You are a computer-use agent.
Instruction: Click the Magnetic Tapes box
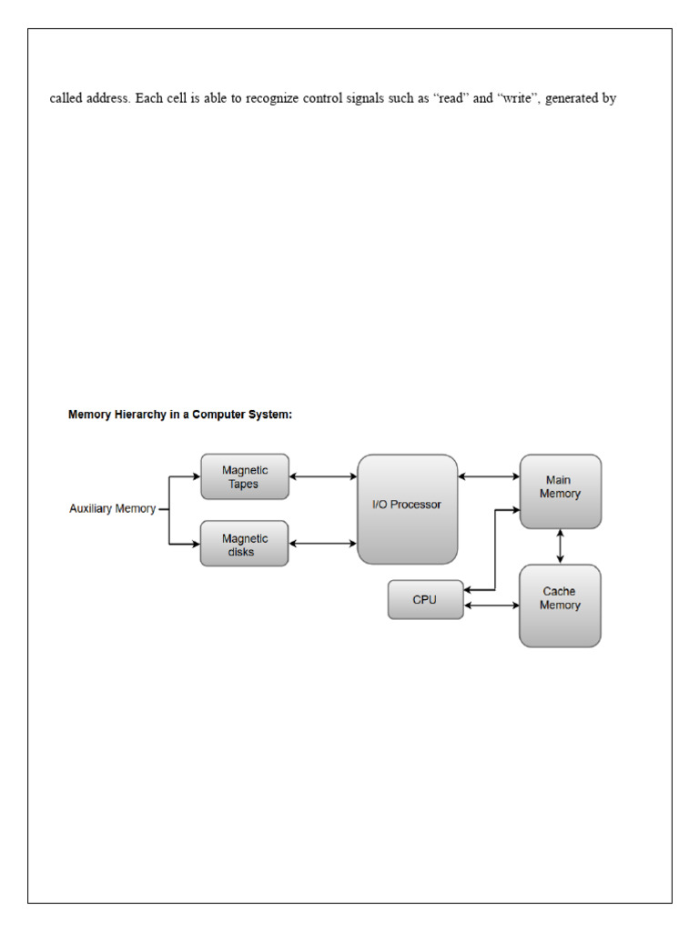pos(245,476)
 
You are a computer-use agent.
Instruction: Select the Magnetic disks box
pos(244,544)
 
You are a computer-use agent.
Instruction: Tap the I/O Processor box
pos(408,509)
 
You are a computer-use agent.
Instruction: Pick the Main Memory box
pos(561,492)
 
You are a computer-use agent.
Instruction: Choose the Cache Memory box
pos(560,606)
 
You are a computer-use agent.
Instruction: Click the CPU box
pos(426,600)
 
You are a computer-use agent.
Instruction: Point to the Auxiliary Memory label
pos(112,508)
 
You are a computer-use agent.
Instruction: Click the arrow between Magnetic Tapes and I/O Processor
pos(323,476)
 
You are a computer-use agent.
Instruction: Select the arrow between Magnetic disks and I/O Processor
pos(323,544)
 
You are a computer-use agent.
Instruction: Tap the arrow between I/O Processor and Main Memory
pos(489,476)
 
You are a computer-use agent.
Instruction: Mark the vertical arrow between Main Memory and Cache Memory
pos(560,546)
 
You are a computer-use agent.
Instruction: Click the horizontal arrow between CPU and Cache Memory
pos(491,606)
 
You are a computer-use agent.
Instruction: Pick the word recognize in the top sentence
pos(271,98)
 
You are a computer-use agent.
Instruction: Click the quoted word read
pos(451,98)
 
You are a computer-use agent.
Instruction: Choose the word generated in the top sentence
pos(572,98)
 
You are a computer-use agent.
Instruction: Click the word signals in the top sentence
pos(365,98)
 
